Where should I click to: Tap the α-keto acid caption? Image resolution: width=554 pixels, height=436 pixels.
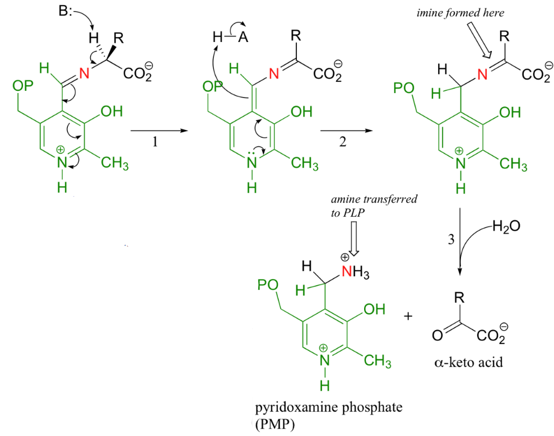pyautogui.click(x=468, y=363)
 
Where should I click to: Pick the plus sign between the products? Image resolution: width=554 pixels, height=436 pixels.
pyautogui.click(x=408, y=317)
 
